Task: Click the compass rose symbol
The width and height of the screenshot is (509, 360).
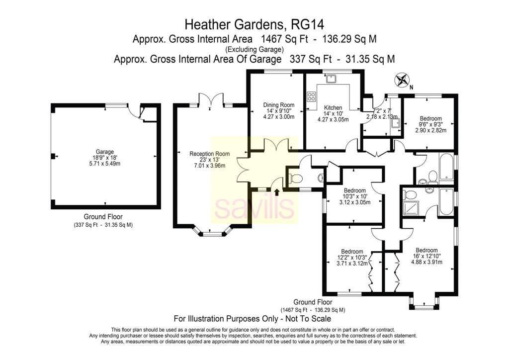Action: point(402,80)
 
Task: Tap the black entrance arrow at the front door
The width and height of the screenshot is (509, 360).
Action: point(276,192)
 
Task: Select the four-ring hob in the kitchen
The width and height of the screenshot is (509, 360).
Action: point(311,96)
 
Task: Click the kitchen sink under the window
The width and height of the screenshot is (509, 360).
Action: point(331,79)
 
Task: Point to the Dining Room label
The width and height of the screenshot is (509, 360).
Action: point(279,105)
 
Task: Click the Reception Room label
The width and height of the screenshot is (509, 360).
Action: point(209,154)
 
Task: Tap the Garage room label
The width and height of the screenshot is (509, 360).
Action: point(105,152)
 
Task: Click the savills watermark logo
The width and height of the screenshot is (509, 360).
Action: point(254,207)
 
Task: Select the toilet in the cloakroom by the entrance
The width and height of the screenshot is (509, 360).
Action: point(295,178)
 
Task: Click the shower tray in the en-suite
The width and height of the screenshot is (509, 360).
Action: point(411,208)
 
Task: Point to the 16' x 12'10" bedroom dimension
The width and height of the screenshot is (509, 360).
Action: point(426,256)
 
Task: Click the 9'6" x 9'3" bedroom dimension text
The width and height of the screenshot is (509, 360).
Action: point(431,124)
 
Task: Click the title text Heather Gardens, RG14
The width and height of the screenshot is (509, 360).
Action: point(254,24)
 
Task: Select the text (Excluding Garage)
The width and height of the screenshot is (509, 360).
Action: point(254,49)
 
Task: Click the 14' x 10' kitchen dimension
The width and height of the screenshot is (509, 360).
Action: point(333,113)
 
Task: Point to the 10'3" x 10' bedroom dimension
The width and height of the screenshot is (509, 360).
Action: point(355,196)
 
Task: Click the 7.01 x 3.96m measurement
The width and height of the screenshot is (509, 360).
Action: point(209,166)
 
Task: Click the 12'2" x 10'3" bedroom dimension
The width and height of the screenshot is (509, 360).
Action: point(352,258)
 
